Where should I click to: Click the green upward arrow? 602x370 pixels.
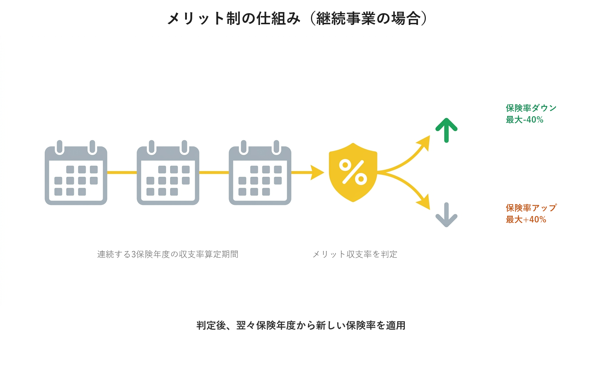click(447, 130)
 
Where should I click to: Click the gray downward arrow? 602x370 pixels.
click(447, 215)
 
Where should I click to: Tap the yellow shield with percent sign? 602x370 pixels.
click(353, 173)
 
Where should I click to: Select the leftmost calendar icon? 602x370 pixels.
click(76, 173)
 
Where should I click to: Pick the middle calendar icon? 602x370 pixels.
click(168, 173)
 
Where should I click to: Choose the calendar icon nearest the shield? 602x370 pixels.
click(260, 173)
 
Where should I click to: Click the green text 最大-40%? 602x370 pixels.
click(525, 119)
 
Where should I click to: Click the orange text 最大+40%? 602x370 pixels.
click(526, 220)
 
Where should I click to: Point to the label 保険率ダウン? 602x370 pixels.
click(531, 108)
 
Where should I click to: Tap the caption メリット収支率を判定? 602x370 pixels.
click(355, 254)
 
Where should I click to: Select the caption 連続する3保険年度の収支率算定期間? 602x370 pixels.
click(168, 254)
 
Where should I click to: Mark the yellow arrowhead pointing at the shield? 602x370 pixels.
click(317, 173)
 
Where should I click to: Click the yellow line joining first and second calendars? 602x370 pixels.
click(122, 173)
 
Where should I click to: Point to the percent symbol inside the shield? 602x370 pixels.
click(353, 172)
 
